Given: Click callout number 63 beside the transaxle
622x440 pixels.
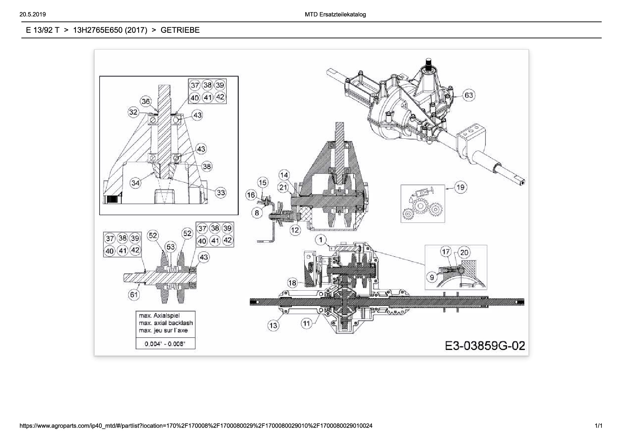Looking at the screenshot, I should point(469,95).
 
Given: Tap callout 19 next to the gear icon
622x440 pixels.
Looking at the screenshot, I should point(461,187).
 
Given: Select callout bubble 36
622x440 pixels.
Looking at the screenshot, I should point(146,101).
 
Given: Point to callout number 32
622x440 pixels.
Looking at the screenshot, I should point(133,112).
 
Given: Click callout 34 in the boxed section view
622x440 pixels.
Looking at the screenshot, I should point(135,183).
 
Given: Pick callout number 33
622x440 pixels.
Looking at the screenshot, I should point(221,192).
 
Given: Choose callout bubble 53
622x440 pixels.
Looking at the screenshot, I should point(171,247).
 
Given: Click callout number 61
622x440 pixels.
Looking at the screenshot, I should point(134,295).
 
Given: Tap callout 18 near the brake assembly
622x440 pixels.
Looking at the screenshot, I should point(292,283).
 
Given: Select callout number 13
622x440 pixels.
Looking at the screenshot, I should point(273,325).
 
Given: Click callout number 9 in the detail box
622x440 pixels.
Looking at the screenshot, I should point(432,277).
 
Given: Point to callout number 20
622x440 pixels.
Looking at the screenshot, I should point(464,253).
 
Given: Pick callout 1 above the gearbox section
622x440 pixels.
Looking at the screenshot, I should point(321,240).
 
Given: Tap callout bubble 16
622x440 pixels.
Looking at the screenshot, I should point(251,195).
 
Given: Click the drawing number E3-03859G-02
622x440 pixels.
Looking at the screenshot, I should point(485,345).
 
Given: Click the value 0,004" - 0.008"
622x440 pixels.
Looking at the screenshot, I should point(165,344).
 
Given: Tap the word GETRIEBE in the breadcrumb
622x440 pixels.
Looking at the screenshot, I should point(180,30).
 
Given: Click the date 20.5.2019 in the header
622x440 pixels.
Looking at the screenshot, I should point(33,15).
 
